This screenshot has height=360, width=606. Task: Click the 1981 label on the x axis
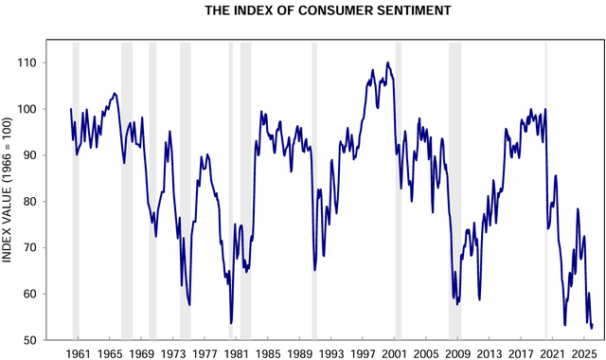tap(234, 351)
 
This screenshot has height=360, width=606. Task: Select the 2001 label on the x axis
tap(390, 351)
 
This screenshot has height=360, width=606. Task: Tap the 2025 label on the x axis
tap(578, 351)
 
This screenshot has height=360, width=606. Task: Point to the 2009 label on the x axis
tap(453, 351)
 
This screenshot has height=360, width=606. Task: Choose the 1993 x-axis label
tap(328, 351)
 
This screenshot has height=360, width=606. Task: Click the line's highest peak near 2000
tap(387, 63)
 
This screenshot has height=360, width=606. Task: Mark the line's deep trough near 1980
tap(231, 323)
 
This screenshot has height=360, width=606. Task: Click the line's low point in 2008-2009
tap(456, 304)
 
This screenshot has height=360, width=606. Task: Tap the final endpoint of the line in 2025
tap(592, 325)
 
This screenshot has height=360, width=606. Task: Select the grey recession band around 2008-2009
tap(454, 189)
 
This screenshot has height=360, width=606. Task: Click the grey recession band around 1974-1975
tap(185, 189)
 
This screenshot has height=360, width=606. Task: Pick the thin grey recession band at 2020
tap(545, 189)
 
